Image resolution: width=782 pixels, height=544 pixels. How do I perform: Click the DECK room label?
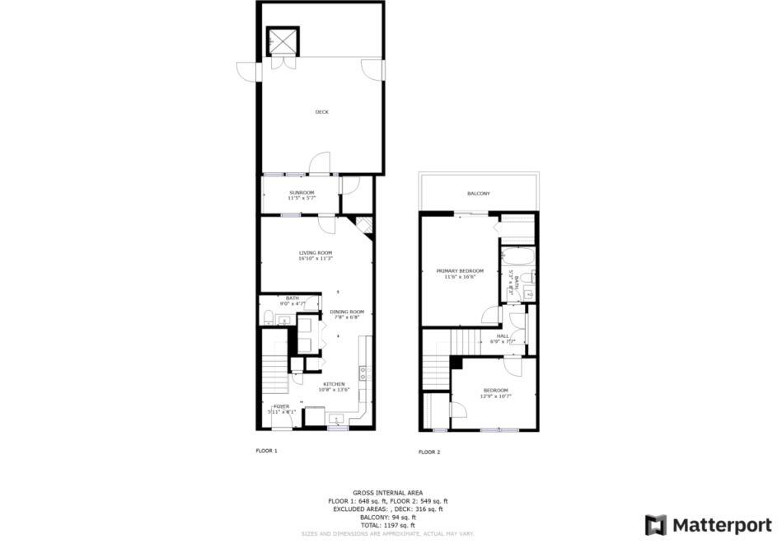click(x=321, y=112)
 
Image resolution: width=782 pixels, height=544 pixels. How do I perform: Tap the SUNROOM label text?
click(x=302, y=192)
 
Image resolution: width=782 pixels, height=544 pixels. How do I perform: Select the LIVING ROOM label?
click(x=315, y=252)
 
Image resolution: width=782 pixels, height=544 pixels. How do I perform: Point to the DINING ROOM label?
click(x=347, y=311)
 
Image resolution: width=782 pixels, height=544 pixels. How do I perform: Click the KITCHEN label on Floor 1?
click(x=333, y=384)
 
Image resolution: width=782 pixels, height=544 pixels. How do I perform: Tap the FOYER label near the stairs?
click(x=282, y=406)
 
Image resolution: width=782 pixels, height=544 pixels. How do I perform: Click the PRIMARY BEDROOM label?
click(x=460, y=270)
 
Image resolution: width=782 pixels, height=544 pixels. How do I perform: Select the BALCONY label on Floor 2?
click(x=479, y=194)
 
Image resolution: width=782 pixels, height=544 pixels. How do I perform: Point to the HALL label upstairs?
click(x=502, y=335)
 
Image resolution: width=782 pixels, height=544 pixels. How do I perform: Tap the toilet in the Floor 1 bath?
click(x=269, y=317)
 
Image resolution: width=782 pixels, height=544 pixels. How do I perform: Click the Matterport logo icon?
click(x=655, y=525)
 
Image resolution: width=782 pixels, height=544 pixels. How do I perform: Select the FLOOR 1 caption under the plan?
click(x=266, y=451)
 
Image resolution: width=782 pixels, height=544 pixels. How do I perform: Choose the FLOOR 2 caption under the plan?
click(x=429, y=452)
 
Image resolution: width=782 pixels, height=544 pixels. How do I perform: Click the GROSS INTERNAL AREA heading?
click(x=387, y=492)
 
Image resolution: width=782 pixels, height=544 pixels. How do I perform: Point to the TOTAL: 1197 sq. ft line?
click(x=387, y=525)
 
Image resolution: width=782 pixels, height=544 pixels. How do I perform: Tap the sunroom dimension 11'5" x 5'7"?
click(x=302, y=198)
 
